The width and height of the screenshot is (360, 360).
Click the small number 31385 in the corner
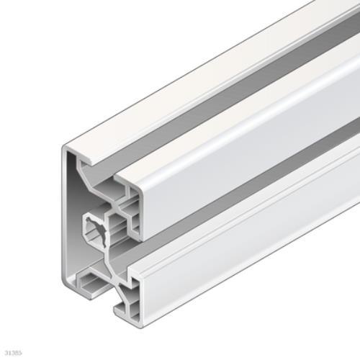click(x=14, y=353)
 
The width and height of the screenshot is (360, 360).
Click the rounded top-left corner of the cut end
click(x=64, y=148)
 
